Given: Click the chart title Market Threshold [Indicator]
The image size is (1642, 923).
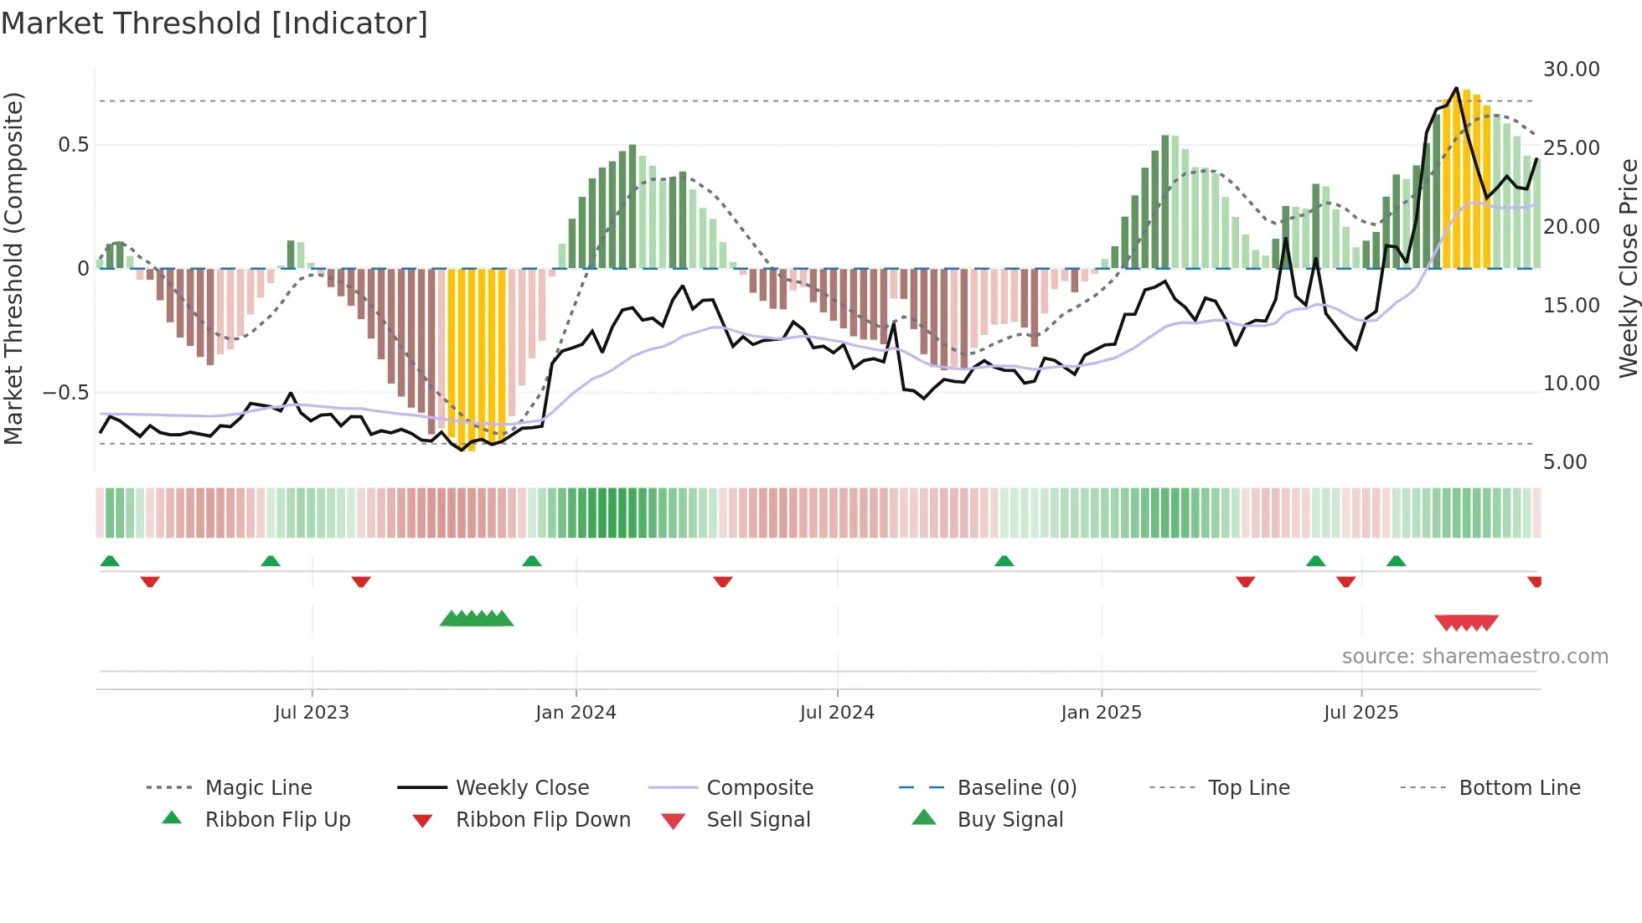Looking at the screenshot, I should [x=214, y=23].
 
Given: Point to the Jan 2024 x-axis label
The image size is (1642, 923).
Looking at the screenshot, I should [x=576, y=713].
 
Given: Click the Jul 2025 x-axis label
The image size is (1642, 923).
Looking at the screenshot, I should [x=1361, y=713].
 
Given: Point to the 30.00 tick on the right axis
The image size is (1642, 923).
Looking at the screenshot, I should [x=1571, y=70].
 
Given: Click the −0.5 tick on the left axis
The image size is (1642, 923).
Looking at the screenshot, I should [x=65, y=393].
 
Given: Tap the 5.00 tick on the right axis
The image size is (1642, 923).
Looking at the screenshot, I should [x=1565, y=462].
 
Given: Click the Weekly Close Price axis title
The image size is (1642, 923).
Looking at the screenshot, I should [x=1628, y=268].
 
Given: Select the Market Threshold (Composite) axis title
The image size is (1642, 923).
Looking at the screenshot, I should [x=14, y=268].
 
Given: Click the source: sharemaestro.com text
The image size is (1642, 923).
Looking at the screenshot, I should [x=1474, y=657].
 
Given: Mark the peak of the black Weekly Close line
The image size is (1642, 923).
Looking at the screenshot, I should [x=1456, y=88].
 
